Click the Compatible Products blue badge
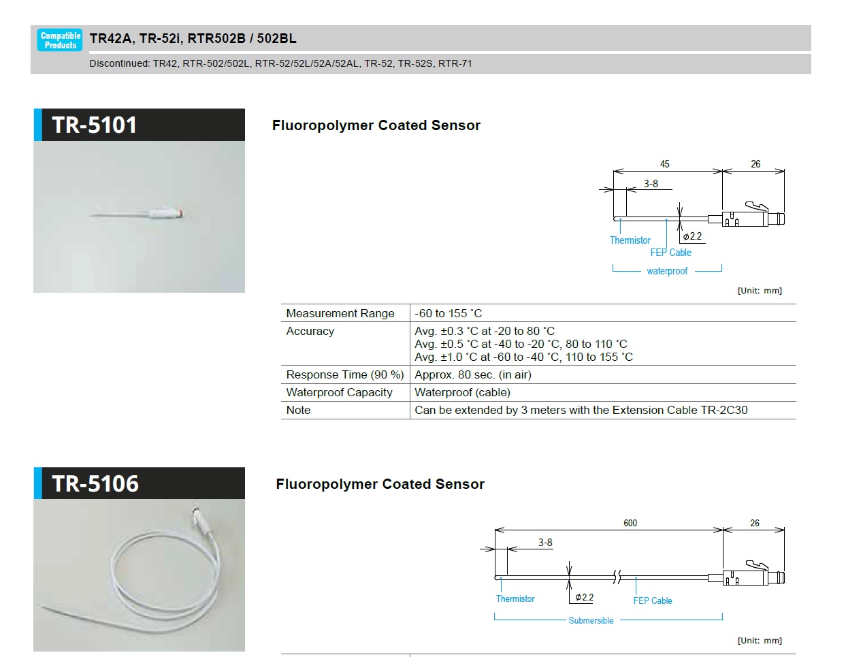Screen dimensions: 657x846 (x=60, y=40)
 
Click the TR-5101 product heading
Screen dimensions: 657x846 (x=95, y=125)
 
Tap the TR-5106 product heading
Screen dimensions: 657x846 (x=95, y=484)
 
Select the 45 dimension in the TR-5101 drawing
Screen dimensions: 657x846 (x=664, y=164)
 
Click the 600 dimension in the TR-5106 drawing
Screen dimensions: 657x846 (x=630, y=523)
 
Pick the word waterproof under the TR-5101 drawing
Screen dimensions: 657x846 (x=667, y=271)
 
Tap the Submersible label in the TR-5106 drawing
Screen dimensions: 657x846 (x=591, y=620)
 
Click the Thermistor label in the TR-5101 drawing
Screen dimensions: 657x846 (x=630, y=240)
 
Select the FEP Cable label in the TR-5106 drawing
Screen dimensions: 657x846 (x=652, y=600)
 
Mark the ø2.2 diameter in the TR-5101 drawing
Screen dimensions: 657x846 (x=692, y=236)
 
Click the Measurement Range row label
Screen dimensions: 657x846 (x=340, y=313)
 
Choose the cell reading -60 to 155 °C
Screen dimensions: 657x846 (x=449, y=313)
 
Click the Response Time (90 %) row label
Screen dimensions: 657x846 (x=345, y=374)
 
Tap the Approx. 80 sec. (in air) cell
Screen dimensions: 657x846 (x=473, y=374)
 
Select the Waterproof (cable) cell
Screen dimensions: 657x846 (x=462, y=392)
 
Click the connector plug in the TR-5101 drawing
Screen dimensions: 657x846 (x=746, y=217)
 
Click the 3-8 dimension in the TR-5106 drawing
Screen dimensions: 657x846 (x=545, y=543)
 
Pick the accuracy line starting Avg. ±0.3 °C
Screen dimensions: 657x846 (x=485, y=331)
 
